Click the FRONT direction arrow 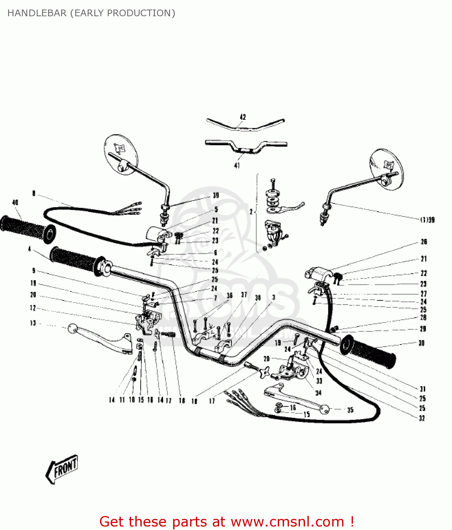[x=62, y=469]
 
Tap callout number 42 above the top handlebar [x=243, y=117]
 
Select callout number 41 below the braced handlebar [x=237, y=165]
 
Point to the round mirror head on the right [x=386, y=169]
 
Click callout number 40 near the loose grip [x=15, y=202]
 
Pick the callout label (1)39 [x=427, y=220]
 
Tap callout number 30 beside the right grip [x=421, y=343]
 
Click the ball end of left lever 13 [x=72, y=329]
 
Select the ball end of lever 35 [x=324, y=410]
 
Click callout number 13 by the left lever [x=33, y=323]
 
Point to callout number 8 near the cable [x=34, y=193]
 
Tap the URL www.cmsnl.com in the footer [x=287, y=522]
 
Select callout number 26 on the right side [x=424, y=242]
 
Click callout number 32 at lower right [x=422, y=418]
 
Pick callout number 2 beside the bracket [x=251, y=212]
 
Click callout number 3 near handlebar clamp [x=274, y=298]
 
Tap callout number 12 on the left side [x=33, y=308]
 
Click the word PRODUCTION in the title [x=141, y=13]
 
